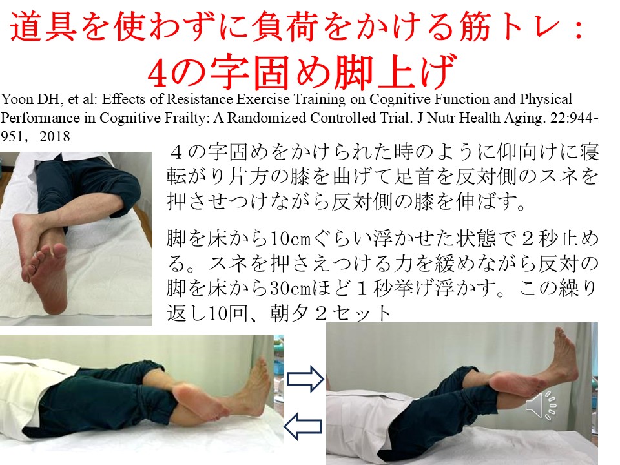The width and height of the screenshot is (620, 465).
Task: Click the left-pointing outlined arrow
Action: pyautogui.click(x=302, y=426)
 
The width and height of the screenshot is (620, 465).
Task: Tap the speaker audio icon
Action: pyautogui.click(x=541, y=405)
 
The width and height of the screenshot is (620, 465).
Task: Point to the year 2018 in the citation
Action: pyautogui.click(x=54, y=137)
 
